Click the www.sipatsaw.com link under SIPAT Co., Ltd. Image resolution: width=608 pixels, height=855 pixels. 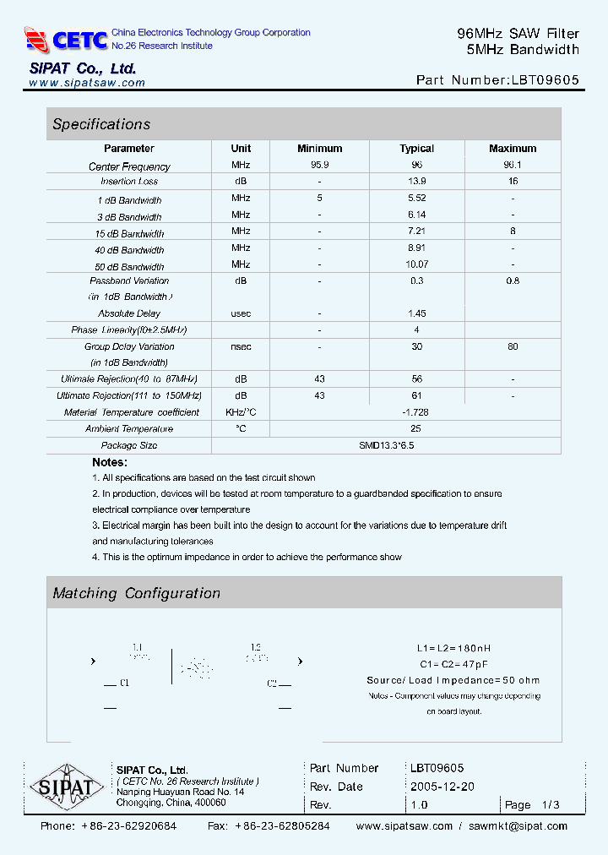tap(87, 83)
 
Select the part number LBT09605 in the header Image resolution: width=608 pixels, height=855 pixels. tap(544, 81)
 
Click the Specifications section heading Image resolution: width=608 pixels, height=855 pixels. tap(101, 124)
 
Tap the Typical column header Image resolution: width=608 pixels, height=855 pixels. tap(416, 149)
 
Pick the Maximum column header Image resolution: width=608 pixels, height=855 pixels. tap(513, 149)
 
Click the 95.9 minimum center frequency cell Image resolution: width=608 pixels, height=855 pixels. tap(320, 166)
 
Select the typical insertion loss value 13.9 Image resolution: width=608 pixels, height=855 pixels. tap(416, 182)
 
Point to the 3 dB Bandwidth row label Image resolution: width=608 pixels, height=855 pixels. tap(129, 217)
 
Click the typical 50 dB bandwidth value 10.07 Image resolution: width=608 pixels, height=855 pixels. tap(416, 264)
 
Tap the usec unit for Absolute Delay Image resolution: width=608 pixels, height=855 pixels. tap(241, 313)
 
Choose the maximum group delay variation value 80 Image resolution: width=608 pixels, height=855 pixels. tap(513, 346)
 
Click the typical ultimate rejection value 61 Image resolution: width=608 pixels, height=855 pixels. tap(416, 395)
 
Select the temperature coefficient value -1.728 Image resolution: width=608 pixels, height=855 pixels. tap(416, 412)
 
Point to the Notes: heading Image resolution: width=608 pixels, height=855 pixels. tap(110, 462)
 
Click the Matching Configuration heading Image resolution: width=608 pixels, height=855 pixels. tap(136, 593)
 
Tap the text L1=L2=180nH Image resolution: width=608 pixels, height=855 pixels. tap(453, 648)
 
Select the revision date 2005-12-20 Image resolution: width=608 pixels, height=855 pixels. tap(442, 787)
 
